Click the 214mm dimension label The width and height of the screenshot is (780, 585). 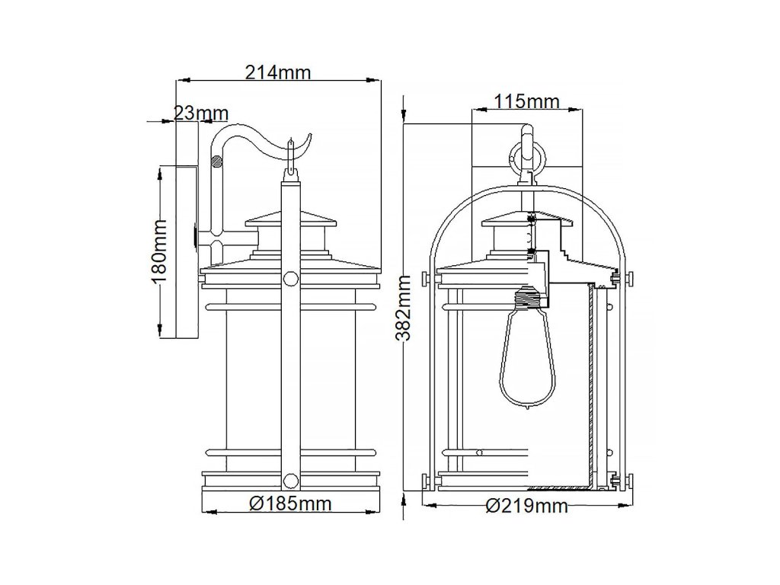tap(278, 72)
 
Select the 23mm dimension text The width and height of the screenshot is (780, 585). tap(201, 113)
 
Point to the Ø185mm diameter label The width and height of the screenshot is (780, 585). tap(290, 503)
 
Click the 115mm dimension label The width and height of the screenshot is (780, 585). tap(526, 101)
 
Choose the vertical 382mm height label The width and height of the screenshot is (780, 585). tap(404, 308)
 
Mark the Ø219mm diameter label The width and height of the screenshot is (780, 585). tap(527, 506)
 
